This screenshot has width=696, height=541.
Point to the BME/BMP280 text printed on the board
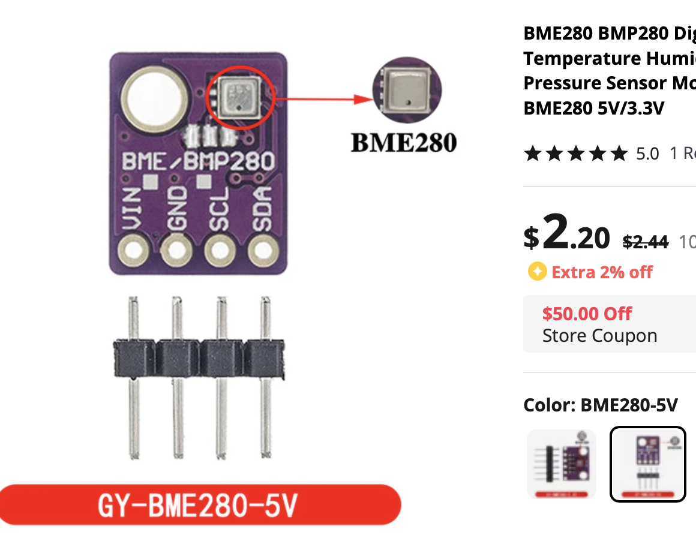[x=199, y=163]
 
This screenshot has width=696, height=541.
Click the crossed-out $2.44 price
[x=645, y=242]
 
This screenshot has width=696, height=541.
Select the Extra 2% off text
[x=602, y=272]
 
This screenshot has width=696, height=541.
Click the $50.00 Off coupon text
[x=587, y=314]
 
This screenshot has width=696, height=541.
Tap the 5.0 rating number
[x=647, y=154]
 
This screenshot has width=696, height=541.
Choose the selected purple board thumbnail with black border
[x=647, y=464]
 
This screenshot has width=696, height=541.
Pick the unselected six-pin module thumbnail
[x=562, y=464]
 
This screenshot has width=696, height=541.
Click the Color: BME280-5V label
[x=600, y=405]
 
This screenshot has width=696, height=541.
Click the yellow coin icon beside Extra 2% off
[x=536, y=272]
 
